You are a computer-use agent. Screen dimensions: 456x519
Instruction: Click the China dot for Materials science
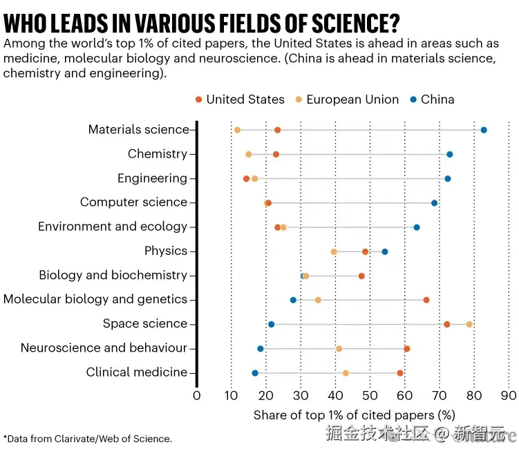(484, 130)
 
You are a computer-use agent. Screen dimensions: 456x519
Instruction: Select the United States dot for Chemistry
(276, 154)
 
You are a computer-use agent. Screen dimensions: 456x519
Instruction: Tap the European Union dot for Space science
(469, 324)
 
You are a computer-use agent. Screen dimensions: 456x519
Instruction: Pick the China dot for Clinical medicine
(255, 373)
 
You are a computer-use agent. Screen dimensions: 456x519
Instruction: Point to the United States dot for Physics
(366, 251)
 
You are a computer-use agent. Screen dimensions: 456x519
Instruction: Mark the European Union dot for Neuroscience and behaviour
(339, 348)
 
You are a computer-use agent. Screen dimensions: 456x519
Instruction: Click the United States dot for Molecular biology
(426, 300)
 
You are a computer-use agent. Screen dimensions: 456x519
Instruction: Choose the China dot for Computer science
(435, 202)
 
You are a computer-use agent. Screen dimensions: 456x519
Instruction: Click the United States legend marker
(199, 99)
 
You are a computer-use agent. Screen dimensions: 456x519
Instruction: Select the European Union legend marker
(299, 99)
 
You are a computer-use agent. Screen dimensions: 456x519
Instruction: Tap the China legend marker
(413, 99)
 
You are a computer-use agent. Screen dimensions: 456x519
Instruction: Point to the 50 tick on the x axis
(370, 396)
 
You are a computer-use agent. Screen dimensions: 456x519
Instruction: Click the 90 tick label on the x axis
(508, 396)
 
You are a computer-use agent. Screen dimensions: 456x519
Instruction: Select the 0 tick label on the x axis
(197, 396)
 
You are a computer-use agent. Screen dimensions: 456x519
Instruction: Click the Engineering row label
(152, 178)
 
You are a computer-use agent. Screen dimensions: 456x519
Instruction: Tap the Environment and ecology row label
(113, 227)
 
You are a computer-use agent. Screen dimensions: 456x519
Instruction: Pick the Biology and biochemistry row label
(113, 275)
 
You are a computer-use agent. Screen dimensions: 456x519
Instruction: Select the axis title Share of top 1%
(354, 415)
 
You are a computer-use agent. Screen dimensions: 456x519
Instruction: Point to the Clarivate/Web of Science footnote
(88, 438)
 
